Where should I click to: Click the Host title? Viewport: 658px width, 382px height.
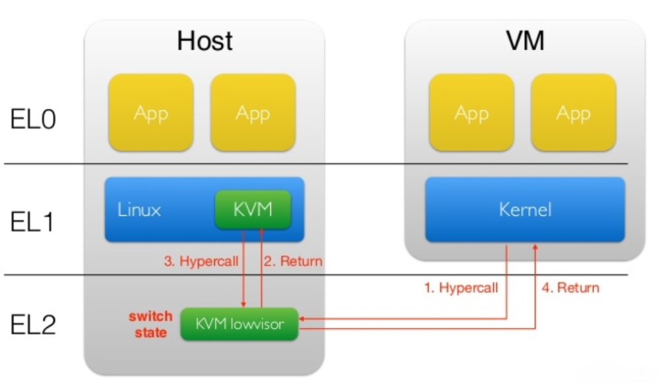[x=204, y=42]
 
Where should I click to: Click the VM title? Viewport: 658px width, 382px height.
[x=525, y=42]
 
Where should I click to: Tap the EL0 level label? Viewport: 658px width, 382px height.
[x=34, y=120]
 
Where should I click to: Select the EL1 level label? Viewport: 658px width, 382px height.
[x=34, y=222]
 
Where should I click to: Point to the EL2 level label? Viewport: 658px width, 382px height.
[x=34, y=325]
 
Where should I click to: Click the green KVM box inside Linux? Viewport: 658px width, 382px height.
[x=253, y=210]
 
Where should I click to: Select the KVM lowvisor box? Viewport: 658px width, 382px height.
[x=239, y=324]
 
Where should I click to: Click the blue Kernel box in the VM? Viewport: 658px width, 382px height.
[x=525, y=210]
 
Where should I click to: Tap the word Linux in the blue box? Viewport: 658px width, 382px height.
[x=139, y=210]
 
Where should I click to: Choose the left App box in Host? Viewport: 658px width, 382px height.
[x=151, y=113]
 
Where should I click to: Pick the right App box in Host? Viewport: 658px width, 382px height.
[x=253, y=113]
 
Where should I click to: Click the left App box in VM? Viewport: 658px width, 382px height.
[x=471, y=113]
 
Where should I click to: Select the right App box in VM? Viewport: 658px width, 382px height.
[x=573, y=113]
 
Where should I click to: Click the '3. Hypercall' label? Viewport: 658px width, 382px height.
[x=201, y=261]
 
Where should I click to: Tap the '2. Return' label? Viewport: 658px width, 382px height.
[x=293, y=261]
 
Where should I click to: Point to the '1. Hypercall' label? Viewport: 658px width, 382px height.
[x=460, y=288]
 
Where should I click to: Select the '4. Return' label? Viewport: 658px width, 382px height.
[x=570, y=288]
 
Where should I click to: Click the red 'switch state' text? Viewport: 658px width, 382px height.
[x=150, y=324]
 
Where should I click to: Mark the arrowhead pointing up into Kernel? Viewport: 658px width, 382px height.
[x=535, y=246]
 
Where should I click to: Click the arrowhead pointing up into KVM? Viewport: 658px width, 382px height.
[x=262, y=232]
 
